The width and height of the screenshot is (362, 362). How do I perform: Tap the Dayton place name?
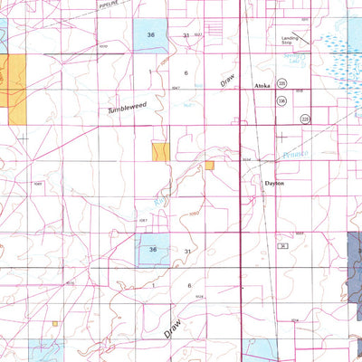click(274, 182)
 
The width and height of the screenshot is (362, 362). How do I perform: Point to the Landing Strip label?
click(287, 39)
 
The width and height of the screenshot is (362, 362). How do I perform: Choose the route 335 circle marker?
click(282, 83)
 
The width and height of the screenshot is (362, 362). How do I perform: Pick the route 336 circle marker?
click(281, 101)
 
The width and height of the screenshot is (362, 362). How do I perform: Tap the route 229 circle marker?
click(305, 119)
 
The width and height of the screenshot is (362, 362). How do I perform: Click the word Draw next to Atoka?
click(225, 79)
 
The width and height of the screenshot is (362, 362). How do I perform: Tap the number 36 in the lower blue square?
click(153, 250)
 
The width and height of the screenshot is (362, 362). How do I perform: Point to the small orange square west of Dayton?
click(210, 166)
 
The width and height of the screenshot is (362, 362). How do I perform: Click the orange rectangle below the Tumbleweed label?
click(160, 152)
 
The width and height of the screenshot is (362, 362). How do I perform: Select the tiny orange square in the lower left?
click(54, 323)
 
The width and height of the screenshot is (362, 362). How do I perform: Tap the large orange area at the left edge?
click(15, 89)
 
